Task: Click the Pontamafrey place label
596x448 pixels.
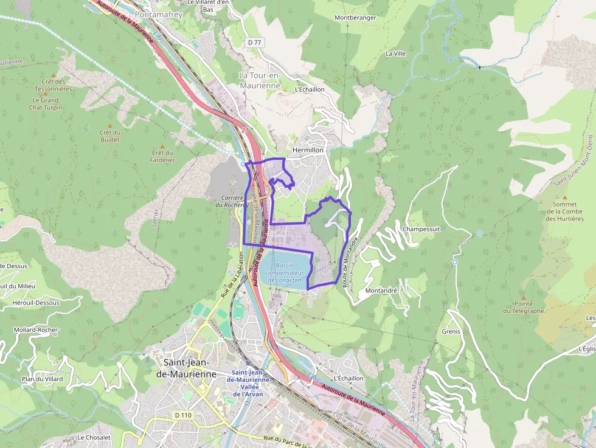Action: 159,14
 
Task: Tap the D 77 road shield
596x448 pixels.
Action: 254,42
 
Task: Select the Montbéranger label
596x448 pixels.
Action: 355,18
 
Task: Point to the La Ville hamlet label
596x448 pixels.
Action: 395,53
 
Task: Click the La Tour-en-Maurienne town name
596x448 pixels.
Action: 260,80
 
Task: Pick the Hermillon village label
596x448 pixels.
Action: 308,150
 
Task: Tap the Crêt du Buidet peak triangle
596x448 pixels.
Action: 111,124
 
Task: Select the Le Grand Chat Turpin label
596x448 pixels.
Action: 46,104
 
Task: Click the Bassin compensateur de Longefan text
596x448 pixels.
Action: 284,273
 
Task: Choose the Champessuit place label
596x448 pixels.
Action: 421,229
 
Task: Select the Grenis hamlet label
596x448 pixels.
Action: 451,331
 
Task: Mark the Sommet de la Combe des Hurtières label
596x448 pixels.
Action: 564,212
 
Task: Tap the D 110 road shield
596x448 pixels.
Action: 182,415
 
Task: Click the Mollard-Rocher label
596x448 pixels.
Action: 36,330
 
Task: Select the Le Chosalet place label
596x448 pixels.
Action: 94,438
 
